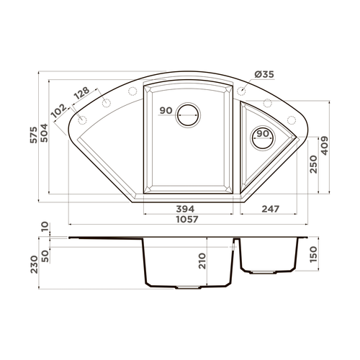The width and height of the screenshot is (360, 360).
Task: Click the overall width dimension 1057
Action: (187, 220)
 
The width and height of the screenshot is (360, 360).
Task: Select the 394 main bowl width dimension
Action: (185, 209)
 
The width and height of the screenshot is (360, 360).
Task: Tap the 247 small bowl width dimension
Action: (271, 209)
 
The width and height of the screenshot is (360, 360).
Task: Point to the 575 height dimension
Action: (34, 135)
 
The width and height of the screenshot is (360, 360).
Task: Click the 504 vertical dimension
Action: (45, 132)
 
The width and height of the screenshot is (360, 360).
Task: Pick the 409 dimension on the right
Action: (325, 145)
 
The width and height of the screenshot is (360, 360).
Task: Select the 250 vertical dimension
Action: (313, 164)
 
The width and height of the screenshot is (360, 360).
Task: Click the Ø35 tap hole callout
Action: (264, 74)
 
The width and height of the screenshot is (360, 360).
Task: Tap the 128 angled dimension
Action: (81, 94)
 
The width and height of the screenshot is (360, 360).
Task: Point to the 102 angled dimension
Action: (59, 111)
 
